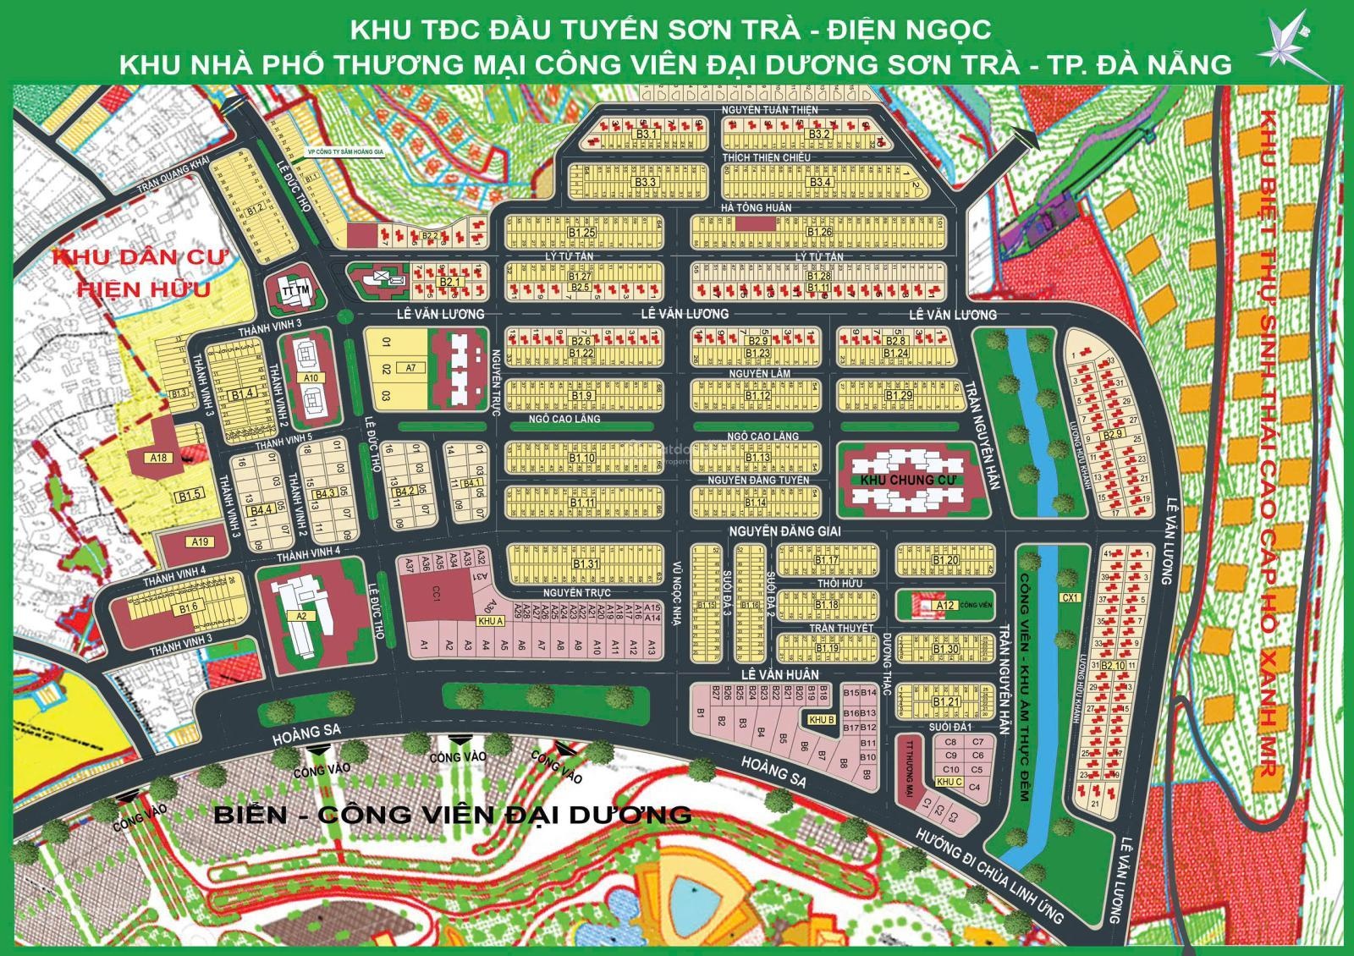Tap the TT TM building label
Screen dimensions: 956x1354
pyautogui.click(x=293, y=292)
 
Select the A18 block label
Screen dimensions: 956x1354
pyautogui.click(x=157, y=458)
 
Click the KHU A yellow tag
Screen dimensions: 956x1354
pyautogui.click(x=491, y=621)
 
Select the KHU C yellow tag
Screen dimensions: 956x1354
pyautogui.click(x=950, y=782)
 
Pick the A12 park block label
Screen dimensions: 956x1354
pyautogui.click(x=945, y=605)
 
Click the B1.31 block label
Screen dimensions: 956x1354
pyautogui.click(x=585, y=564)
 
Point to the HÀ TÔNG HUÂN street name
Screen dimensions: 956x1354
pyautogui.click(x=756, y=208)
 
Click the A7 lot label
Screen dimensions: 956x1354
pyautogui.click(x=411, y=368)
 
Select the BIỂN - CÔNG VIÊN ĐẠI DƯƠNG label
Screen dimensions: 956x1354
pyautogui.click(x=453, y=815)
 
